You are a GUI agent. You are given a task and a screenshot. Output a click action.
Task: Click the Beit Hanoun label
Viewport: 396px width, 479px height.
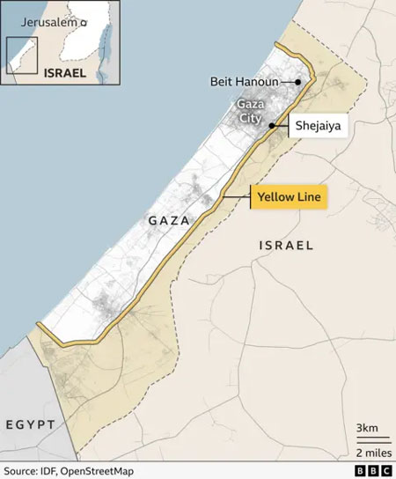(244, 82)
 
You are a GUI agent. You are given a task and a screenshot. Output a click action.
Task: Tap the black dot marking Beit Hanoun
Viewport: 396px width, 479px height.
(298, 82)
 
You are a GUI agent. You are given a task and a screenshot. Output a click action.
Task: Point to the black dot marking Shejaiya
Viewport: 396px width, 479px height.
(273, 126)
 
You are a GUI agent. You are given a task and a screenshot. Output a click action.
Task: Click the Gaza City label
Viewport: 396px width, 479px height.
(251, 110)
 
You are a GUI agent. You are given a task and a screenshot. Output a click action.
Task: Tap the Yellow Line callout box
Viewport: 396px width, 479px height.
(290, 197)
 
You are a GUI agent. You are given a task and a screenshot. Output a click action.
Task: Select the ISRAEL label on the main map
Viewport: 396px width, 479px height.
(286, 246)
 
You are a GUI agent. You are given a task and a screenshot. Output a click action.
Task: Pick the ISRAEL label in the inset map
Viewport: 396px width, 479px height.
(63, 73)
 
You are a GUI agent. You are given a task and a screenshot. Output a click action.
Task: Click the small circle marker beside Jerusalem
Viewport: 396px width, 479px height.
(84, 21)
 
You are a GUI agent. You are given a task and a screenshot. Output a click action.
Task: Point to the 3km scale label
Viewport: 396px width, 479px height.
(366, 429)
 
